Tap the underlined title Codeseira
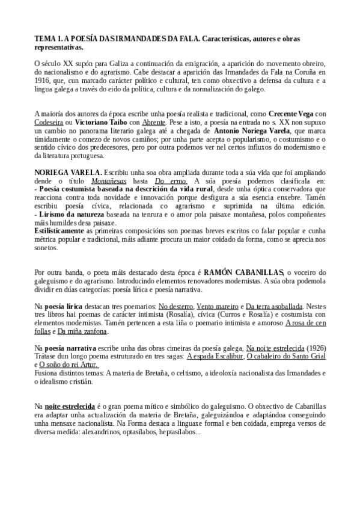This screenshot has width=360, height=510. pos(50,121)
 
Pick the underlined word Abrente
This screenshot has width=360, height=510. pos(150,121)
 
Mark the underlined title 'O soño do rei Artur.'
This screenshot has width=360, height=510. pos(68,364)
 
